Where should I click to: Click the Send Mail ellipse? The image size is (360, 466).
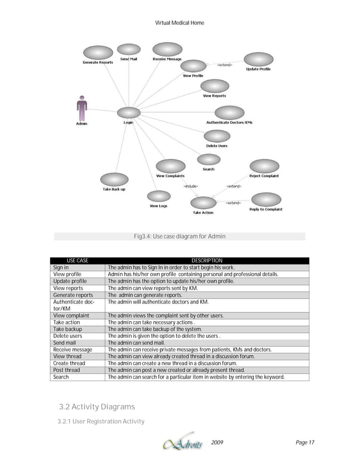point(130,50)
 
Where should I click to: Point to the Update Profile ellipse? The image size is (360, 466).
point(258,59)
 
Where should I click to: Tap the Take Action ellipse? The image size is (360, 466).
point(203,203)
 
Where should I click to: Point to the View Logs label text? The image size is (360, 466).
point(158,206)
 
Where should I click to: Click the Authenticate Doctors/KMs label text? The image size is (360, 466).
point(229,122)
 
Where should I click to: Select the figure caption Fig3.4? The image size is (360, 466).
point(179,236)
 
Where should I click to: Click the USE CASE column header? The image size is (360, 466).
point(77,260)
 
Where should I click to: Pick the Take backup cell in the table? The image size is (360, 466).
point(68,328)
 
